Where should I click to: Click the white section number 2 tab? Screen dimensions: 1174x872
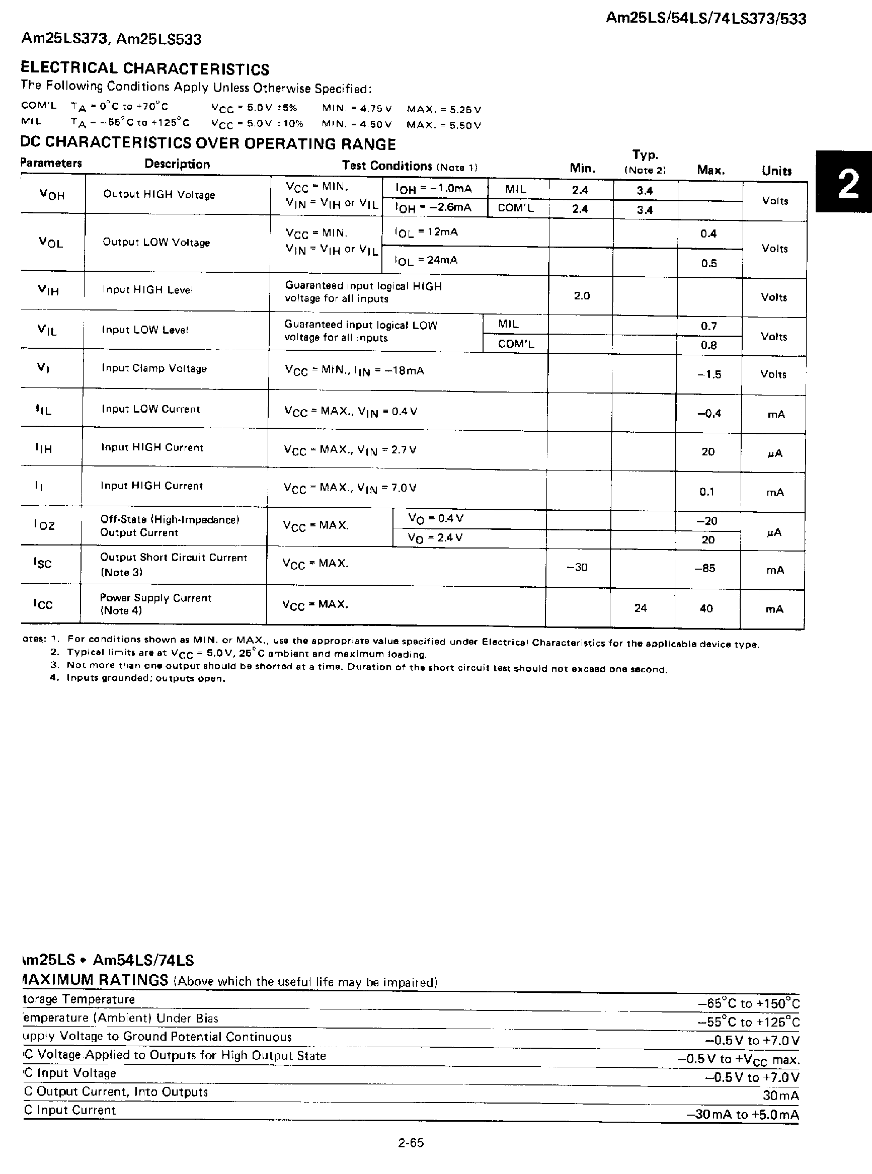point(847,184)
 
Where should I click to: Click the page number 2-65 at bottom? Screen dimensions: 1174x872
point(411,1143)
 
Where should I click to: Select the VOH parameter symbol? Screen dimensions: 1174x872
point(52,194)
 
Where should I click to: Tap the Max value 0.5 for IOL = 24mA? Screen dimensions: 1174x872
point(708,263)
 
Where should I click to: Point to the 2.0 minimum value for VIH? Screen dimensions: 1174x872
point(581,295)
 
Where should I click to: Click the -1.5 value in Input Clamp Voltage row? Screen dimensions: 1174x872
point(708,374)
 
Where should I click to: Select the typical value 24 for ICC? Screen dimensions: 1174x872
point(640,608)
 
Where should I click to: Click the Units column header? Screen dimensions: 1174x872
point(776,171)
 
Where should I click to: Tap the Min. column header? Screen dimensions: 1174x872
point(582,169)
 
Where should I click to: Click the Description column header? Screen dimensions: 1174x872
point(177,164)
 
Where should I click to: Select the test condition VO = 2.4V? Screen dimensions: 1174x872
point(435,537)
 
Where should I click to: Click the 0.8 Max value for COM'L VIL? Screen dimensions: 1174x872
point(708,345)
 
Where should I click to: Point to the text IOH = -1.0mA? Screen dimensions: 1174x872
point(433,188)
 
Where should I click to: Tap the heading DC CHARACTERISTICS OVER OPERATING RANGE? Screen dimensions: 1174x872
point(208,143)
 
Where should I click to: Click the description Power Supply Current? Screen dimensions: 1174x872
point(155,597)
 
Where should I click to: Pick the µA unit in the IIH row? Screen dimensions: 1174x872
point(774,453)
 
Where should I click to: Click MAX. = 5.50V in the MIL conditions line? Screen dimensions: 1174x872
point(443,125)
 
